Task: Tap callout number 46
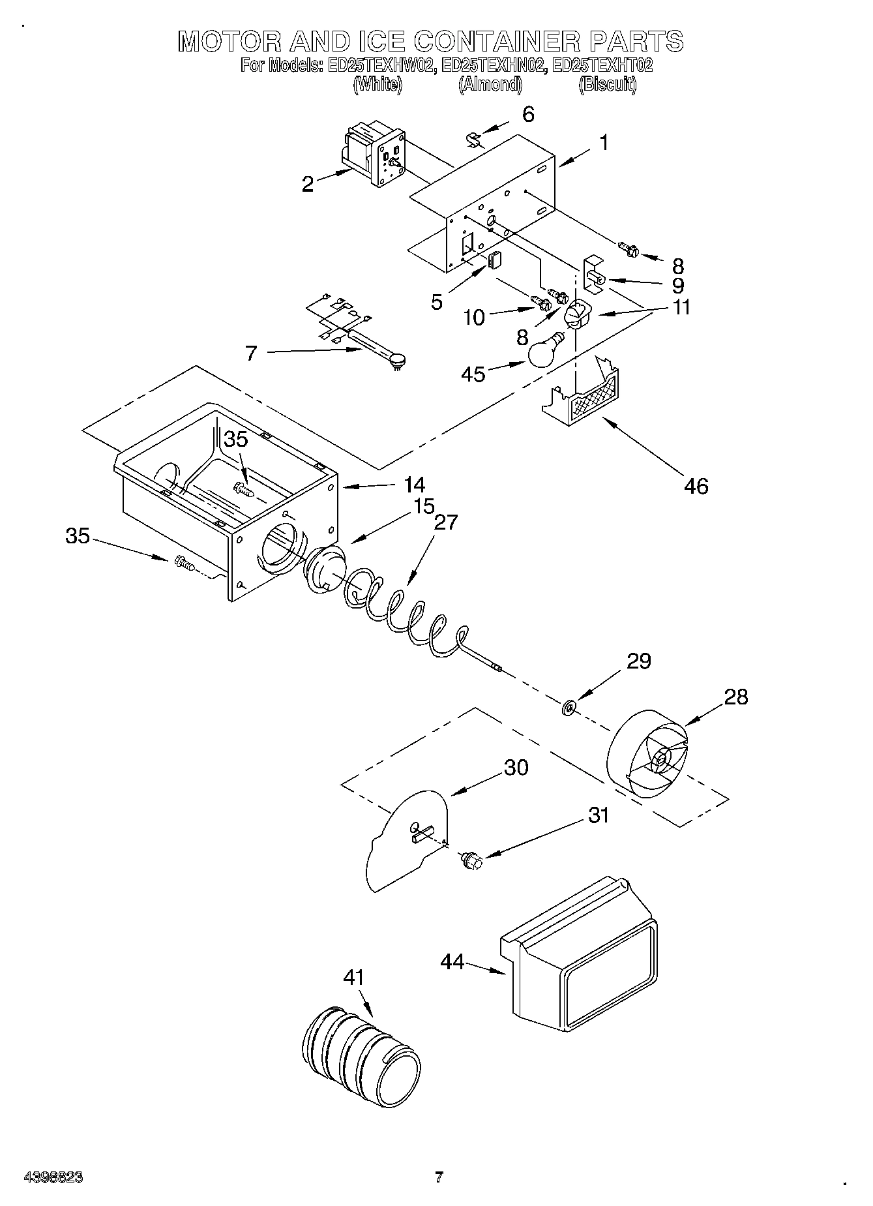click(x=696, y=486)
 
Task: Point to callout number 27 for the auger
click(x=447, y=522)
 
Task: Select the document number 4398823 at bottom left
click(x=53, y=1177)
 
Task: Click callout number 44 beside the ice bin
click(x=452, y=961)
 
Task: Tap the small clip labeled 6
click(x=474, y=139)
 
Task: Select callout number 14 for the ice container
click(x=415, y=485)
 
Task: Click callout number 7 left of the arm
click(x=251, y=354)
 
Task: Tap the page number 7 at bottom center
click(x=439, y=1177)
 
